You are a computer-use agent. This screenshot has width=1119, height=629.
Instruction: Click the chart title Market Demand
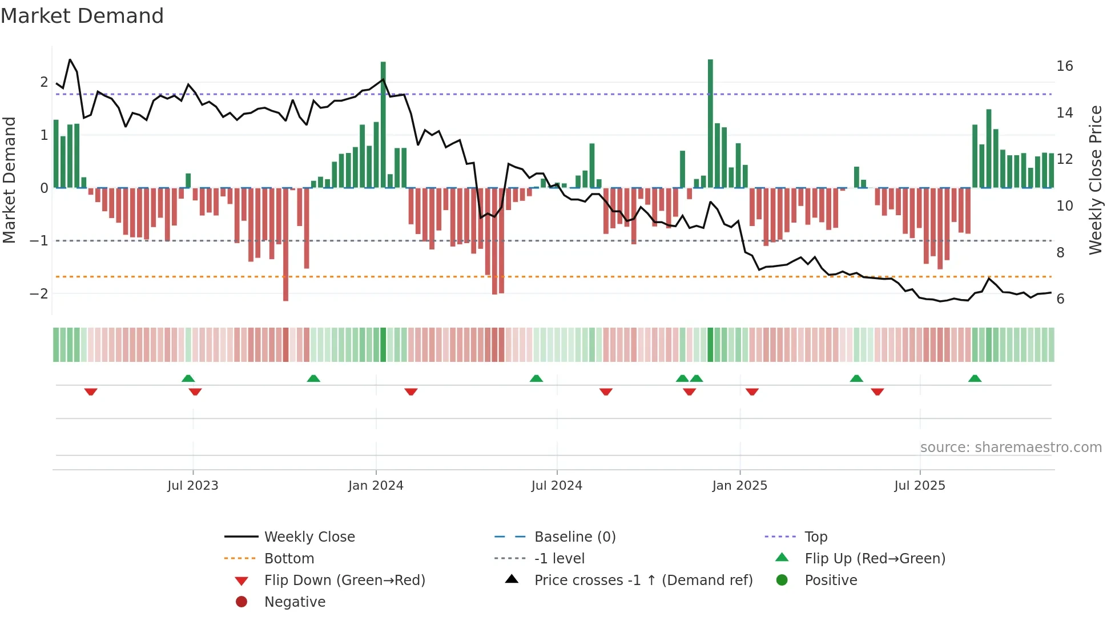tap(82, 16)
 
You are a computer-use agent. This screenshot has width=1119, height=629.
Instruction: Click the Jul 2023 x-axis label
tap(192, 485)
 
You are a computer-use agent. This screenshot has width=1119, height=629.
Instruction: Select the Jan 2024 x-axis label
tap(376, 485)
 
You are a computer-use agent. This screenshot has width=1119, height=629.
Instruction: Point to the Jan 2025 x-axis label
tap(739, 485)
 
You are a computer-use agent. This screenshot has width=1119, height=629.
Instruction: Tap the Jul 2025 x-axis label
tap(919, 485)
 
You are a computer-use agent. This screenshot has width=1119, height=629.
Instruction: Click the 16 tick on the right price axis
tap(1064, 66)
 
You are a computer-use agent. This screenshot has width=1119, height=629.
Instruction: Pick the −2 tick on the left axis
tap(39, 293)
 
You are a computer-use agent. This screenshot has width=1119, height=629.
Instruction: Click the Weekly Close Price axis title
tap(1095, 180)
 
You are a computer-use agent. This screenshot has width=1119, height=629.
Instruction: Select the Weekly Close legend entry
tap(309, 537)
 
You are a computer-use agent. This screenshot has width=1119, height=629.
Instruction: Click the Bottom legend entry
tap(289, 558)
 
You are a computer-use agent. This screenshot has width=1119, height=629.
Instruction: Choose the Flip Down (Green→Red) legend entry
tap(344, 580)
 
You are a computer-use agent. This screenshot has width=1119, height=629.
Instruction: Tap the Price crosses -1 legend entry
tap(643, 580)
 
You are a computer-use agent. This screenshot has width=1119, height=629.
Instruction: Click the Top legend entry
tap(816, 537)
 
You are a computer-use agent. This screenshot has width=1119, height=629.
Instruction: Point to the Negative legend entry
tap(295, 602)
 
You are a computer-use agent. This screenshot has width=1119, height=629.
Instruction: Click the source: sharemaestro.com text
tap(1011, 447)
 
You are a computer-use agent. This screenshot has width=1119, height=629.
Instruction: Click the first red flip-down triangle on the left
tap(91, 392)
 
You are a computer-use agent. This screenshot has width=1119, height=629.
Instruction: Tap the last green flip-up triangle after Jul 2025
tap(975, 378)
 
